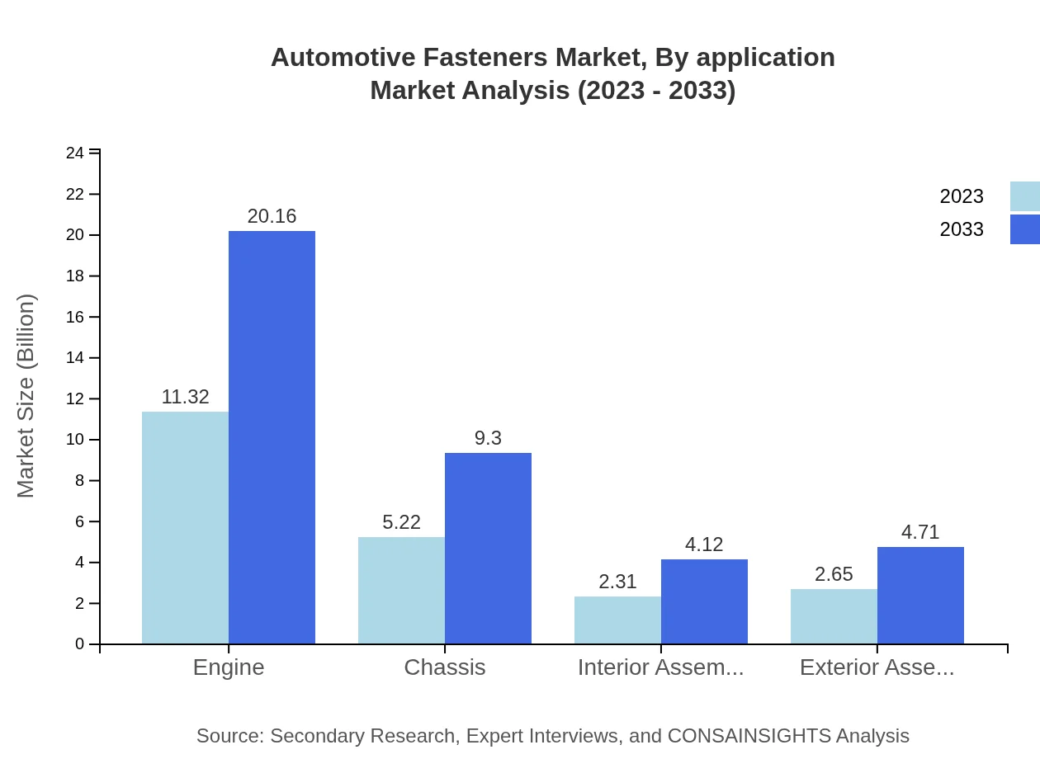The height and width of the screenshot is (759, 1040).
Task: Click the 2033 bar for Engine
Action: (272, 437)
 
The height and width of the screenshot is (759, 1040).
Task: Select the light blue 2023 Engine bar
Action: (185, 528)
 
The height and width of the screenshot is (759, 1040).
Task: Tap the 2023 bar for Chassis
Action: (401, 591)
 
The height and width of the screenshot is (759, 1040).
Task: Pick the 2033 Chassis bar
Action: (488, 549)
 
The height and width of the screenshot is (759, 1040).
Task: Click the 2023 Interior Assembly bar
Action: (617, 620)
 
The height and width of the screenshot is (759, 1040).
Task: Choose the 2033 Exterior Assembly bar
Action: (920, 596)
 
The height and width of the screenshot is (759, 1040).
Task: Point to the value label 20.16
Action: (272, 216)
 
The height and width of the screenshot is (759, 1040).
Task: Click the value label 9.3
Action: (488, 438)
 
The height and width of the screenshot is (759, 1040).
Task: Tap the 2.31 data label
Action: (617, 582)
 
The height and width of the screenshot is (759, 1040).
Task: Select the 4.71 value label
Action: (920, 532)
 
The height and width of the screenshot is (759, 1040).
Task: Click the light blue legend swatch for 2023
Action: (1025, 196)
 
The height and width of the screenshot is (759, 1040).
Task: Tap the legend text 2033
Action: (962, 229)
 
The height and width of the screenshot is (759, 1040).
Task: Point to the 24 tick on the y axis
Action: (75, 153)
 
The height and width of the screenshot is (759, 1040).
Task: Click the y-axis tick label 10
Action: (75, 440)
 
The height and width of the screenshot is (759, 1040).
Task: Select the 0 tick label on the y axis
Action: (80, 643)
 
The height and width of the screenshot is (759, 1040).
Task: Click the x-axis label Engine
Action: (229, 667)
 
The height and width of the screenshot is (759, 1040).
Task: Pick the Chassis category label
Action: (445, 667)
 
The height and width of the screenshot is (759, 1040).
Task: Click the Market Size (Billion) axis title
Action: (26, 396)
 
